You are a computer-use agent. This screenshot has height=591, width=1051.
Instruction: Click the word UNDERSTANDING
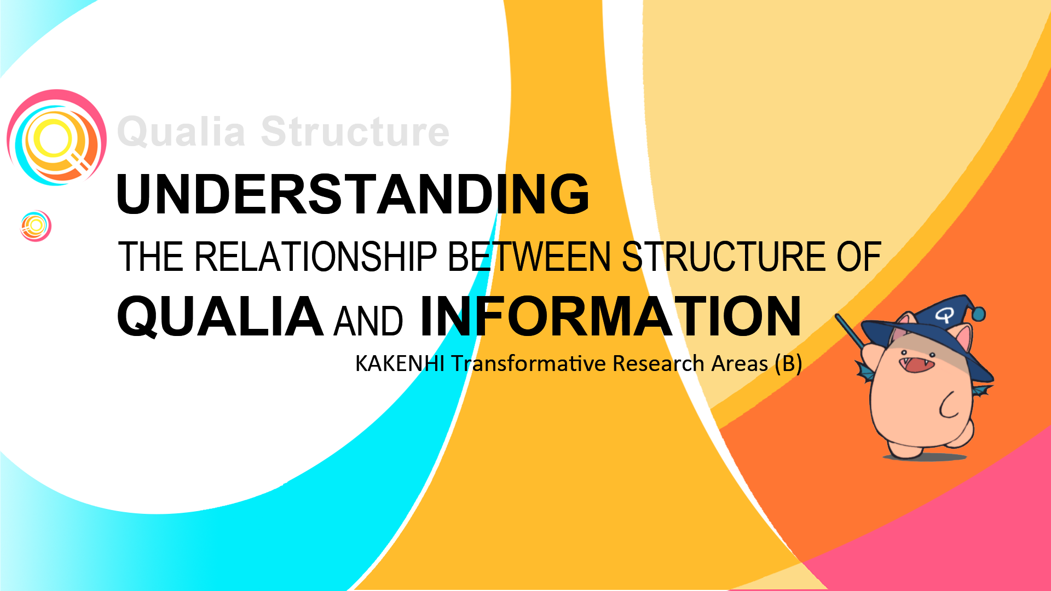tap(353, 194)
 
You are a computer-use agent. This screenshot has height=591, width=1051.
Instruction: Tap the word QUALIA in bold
tap(220, 317)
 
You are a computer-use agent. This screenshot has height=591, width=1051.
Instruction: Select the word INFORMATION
tap(610, 317)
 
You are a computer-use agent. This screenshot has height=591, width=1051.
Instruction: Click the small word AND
tap(368, 321)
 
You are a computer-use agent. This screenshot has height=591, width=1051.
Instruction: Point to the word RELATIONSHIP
tap(316, 257)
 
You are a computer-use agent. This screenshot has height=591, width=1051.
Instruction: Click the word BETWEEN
tap(529, 257)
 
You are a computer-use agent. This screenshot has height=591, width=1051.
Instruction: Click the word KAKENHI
tap(400, 364)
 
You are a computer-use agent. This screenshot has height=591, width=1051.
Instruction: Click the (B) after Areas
tap(788, 364)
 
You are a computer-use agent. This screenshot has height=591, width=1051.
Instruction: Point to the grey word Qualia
tap(181, 132)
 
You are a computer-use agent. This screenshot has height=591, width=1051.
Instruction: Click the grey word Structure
tap(355, 132)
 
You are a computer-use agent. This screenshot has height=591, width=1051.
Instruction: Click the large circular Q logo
tap(56, 137)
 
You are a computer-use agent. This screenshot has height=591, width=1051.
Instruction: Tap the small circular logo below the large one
tap(36, 225)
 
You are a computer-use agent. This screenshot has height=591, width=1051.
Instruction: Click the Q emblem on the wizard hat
tap(944, 315)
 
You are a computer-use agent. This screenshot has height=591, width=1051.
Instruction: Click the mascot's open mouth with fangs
tap(917, 363)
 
